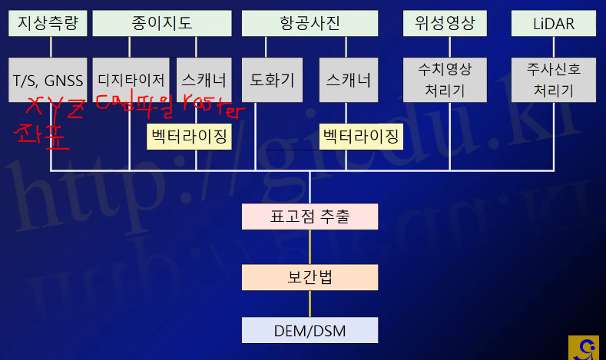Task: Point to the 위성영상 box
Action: point(445,24)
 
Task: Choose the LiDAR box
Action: point(553,24)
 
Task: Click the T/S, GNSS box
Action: point(48,80)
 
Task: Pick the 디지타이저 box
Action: point(131,80)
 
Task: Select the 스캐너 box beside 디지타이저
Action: point(204,80)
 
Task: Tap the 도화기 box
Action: point(273,80)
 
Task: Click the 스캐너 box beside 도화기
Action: point(348,80)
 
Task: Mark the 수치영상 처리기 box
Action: point(445,80)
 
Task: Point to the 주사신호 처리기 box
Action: point(553,80)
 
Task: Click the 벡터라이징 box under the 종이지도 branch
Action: point(189,137)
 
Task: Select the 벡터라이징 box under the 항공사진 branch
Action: point(360,137)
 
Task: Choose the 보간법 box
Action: point(310,276)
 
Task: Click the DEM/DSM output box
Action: point(310,331)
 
